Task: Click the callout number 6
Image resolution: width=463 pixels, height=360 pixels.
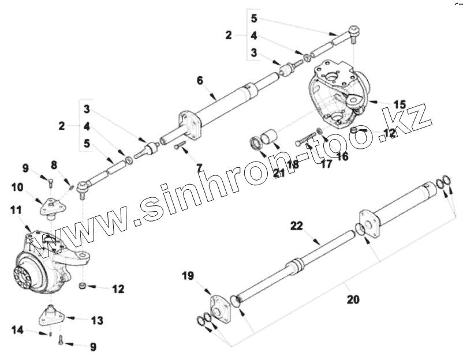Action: coord(200,80)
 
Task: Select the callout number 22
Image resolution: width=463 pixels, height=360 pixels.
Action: coord(296,226)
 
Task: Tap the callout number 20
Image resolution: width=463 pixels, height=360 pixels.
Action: coord(352,299)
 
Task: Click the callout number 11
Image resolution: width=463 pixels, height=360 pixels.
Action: coord(16,211)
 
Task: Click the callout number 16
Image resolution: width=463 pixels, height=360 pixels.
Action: coord(343,156)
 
